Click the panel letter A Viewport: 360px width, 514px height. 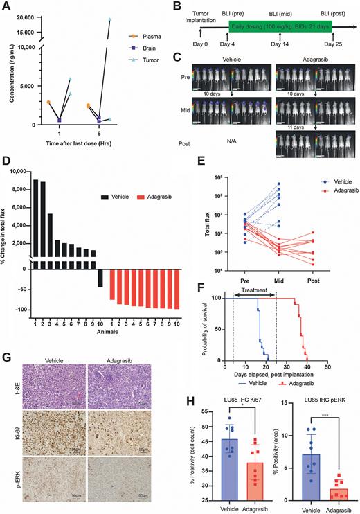tap(6, 7)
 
